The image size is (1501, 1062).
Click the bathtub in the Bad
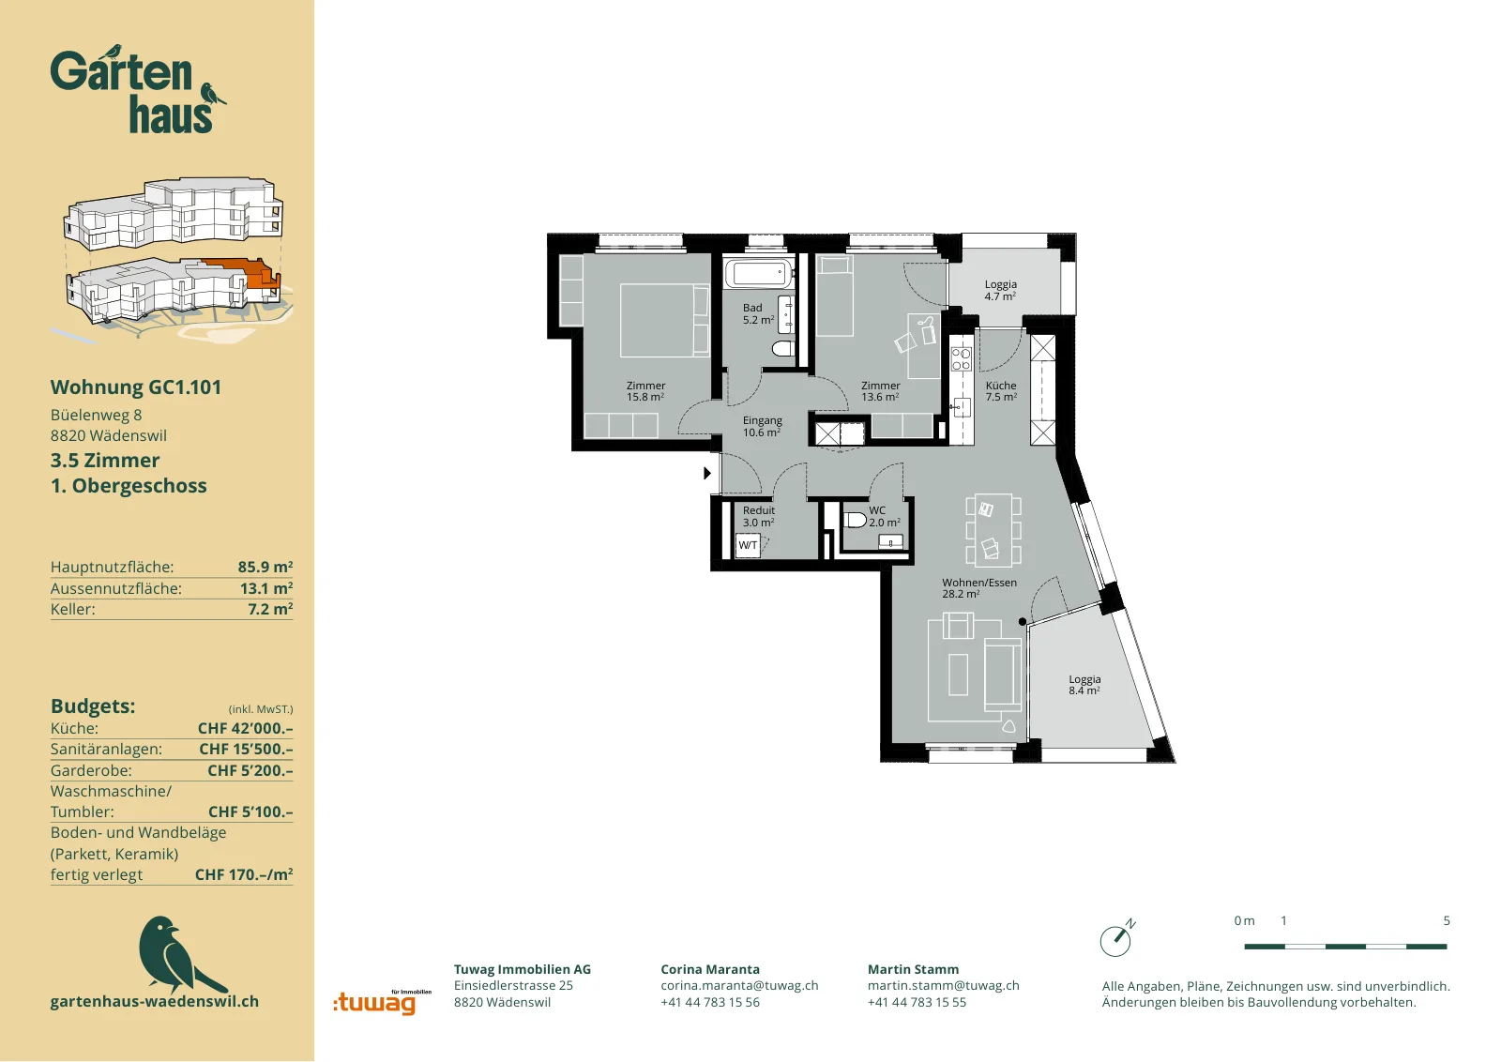[x=759, y=273]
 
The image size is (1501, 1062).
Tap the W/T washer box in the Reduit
[x=747, y=545]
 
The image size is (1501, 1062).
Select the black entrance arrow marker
[x=707, y=473]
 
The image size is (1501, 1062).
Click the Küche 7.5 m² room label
[x=1001, y=391]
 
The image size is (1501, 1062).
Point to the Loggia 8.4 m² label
[x=1084, y=685]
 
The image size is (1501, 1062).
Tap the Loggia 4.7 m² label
[x=1000, y=290]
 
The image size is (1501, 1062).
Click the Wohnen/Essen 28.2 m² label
[x=979, y=587]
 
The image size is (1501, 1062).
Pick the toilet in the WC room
[x=855, y=520]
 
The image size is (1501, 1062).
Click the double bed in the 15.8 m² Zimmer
[x=664, y=320]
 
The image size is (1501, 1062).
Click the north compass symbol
[x=1117, y=937]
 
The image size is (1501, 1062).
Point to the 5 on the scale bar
[x=1446, y=920]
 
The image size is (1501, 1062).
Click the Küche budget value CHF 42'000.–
[x=245, y=728]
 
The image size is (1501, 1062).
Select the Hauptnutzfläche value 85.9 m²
[x=265, y=567]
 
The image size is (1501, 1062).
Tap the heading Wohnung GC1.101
[x=136, y=387]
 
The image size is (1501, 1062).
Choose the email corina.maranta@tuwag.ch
[x=739, y=986]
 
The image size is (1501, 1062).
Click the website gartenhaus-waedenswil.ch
[x=155, y=1001]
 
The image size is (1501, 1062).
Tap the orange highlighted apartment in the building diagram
[x=245, y=272]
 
